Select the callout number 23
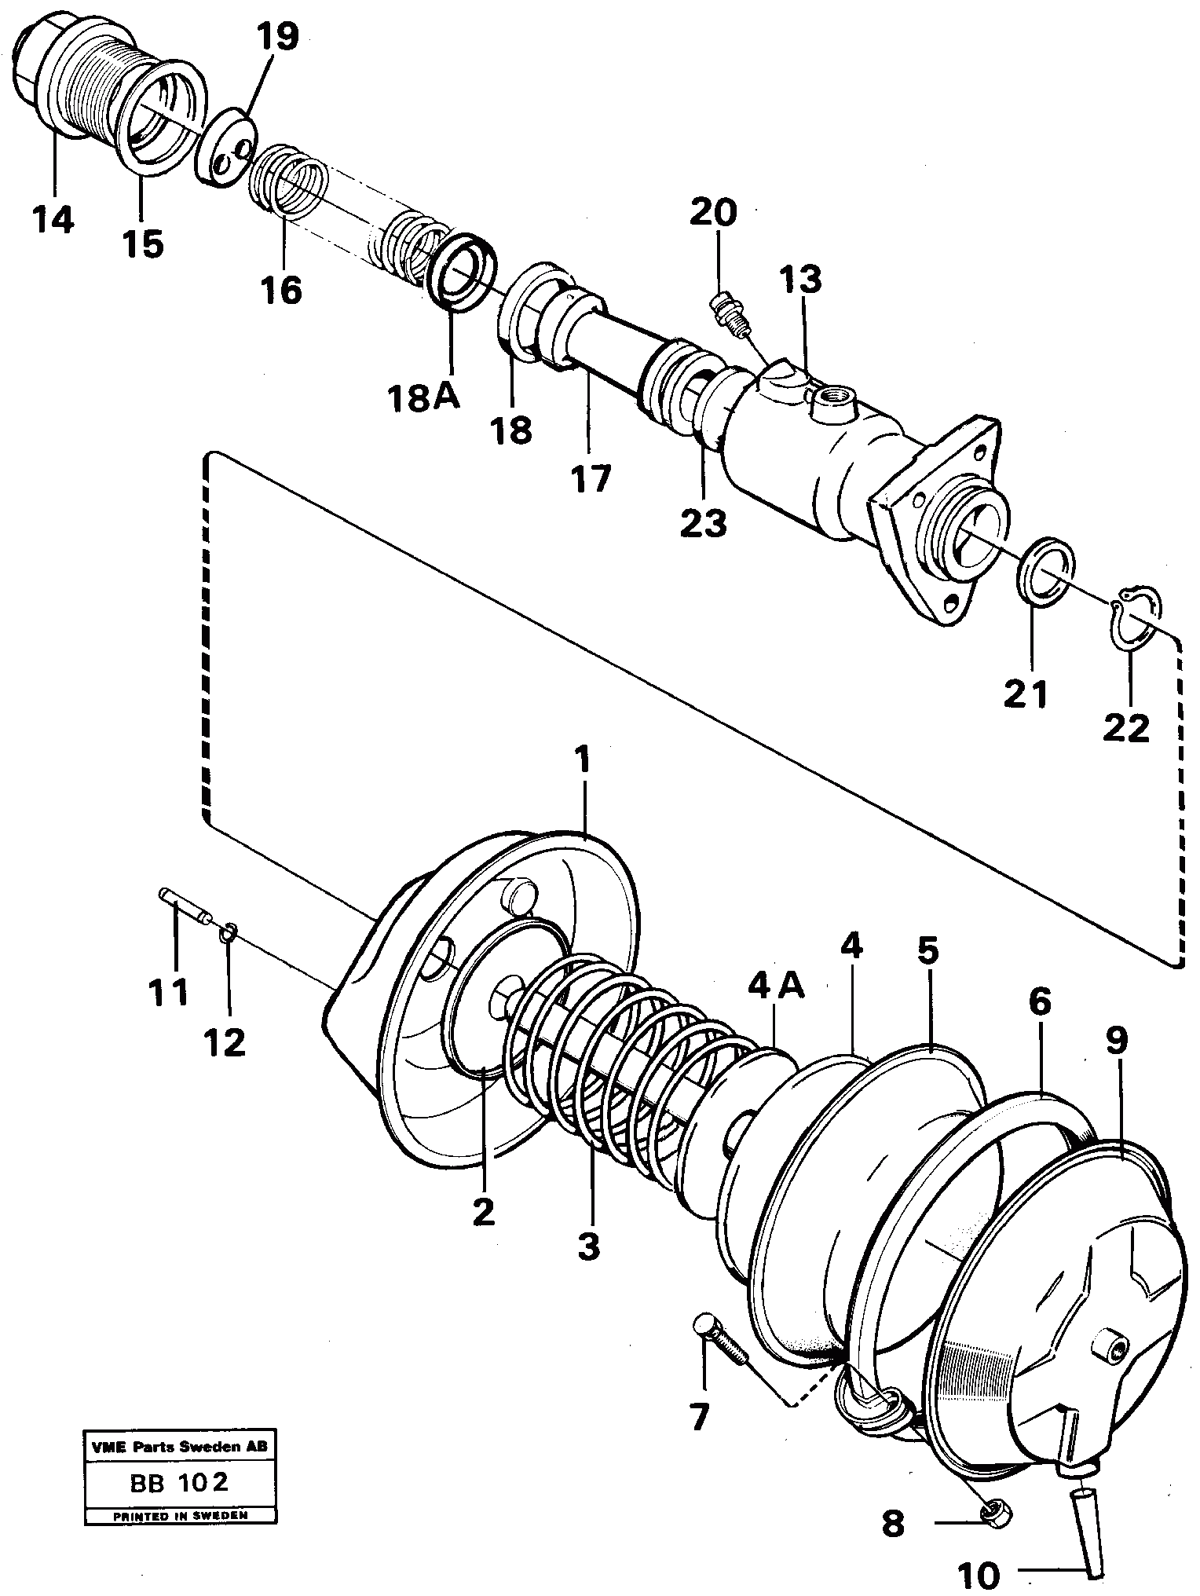point(704,522)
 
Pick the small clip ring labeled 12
point(229,932)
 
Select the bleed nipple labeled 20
point(728,314)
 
